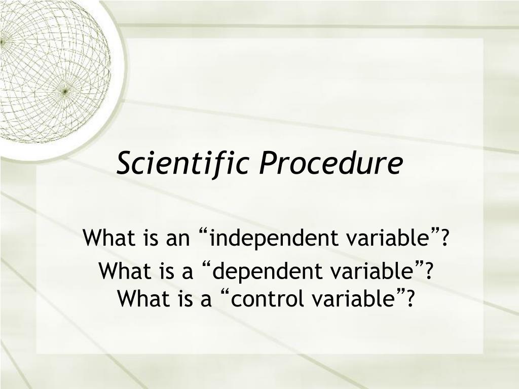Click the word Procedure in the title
(330, 163)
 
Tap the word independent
(274, 238)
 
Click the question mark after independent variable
(444, 237)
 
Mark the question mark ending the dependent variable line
(428, 270)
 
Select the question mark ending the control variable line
(410, 298)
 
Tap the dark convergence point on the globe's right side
(65, 90)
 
